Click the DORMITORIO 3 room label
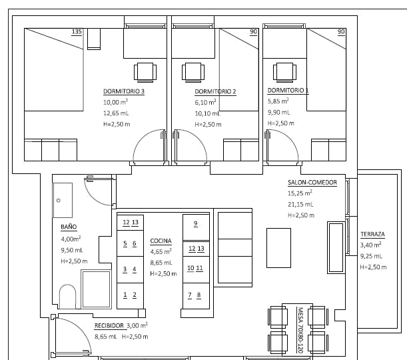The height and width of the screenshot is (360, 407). tap(123, 91)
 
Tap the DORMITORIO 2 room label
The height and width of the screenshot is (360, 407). tap(215, 91)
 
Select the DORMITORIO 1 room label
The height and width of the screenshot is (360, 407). tap(288, 90)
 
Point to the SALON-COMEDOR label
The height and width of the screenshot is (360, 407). tap(312, 182)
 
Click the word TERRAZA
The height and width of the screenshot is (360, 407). tap(372, 235)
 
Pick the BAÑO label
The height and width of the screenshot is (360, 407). tap(69, 227)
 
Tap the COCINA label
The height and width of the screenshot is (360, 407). tap(161, 240)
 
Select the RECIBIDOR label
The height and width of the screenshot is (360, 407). tap(109, 326)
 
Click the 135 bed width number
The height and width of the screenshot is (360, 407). tap(76, 32)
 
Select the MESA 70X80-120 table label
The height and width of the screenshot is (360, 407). tap(300, 331)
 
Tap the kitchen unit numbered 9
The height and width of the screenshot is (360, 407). tap(195, 223)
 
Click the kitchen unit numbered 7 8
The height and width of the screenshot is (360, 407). tap(195, 295)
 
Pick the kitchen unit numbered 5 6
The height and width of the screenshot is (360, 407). tap(130, 244)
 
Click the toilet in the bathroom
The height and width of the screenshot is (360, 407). tap(68, 297)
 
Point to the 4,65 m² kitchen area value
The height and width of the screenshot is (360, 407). tap(161, 251)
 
